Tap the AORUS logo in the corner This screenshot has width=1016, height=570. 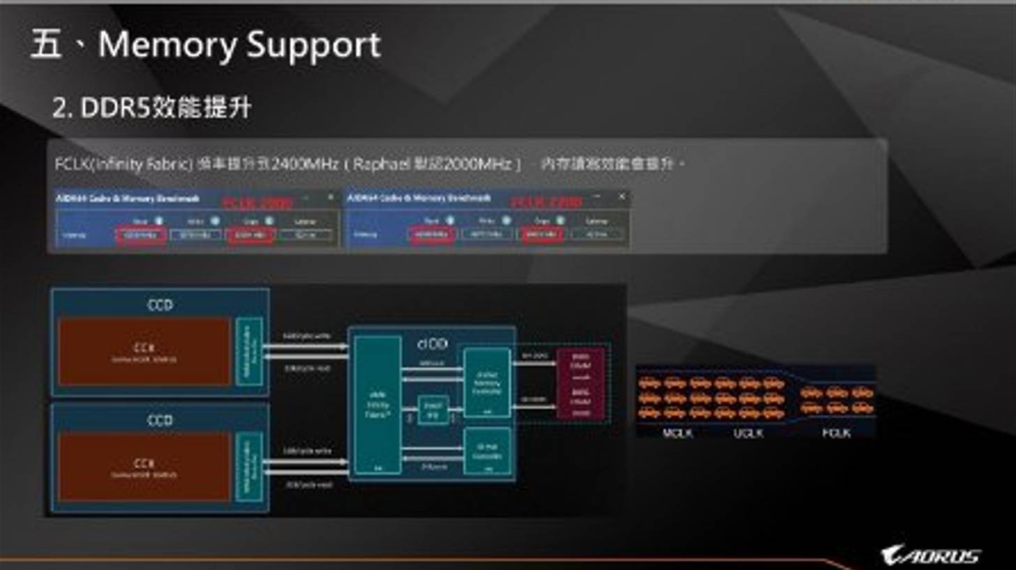click(931, 555)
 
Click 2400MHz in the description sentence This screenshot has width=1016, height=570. click(306, 165)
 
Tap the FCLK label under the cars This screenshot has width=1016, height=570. click(835, 433)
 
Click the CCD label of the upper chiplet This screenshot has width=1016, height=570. click(160, 306)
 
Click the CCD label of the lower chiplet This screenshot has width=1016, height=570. click(160, 420)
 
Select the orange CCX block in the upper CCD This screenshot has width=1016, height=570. click(144, 352)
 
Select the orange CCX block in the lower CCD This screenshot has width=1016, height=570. click(144, 466)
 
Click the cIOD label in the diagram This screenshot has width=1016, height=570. click(432, 343)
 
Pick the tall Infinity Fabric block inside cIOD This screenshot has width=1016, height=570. click(378, 405)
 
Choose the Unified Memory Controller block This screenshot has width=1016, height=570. click(487, 382)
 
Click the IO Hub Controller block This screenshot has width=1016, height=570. click(487, 451)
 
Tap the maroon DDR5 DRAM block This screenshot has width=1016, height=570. click(580, 383)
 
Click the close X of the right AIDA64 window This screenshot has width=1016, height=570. click(621, 197)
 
